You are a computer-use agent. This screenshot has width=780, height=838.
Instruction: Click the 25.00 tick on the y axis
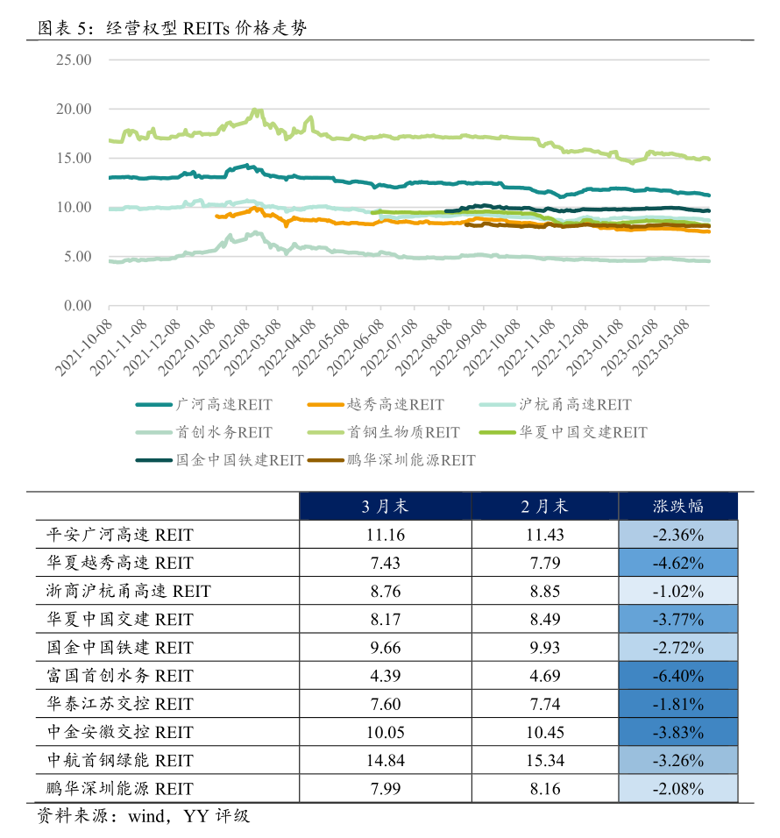[74, 60]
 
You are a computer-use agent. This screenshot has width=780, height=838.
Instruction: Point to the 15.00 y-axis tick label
[74, 159]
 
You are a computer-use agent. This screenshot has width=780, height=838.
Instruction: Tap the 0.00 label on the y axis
[77, 306]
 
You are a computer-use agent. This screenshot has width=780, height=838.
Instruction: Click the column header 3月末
[386, 507]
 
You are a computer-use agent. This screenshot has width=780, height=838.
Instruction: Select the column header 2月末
[545, 507]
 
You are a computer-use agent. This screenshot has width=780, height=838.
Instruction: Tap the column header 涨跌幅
[678, 507]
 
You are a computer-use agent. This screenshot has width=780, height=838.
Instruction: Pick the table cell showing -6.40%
[678, 676]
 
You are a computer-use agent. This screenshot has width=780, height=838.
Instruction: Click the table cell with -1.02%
[678, 591]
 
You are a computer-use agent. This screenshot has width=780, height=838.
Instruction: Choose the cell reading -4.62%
[678, 563]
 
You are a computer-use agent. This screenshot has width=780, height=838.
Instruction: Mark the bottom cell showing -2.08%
[678, 788]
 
